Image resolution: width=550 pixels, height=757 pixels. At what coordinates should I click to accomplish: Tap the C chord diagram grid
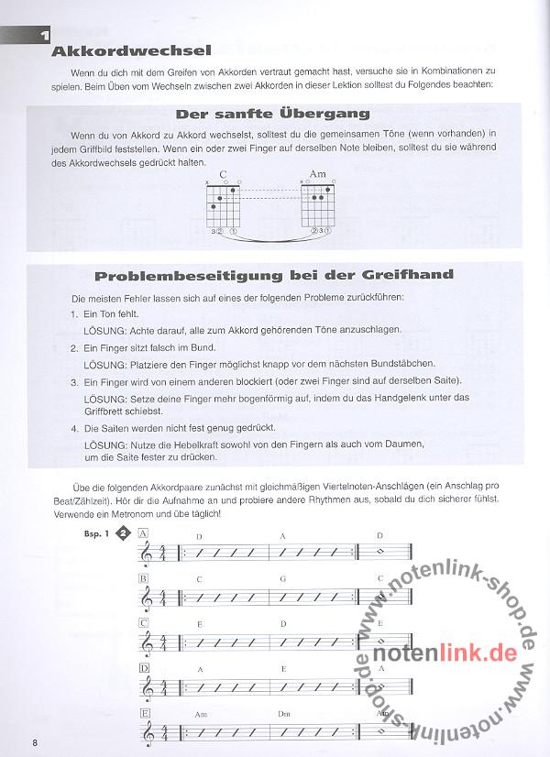[x=225, y=202]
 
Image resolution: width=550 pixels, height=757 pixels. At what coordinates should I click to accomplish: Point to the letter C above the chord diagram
[x=223, y=174]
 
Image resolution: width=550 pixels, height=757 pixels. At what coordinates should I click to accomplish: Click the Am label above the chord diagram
[x=317, y=174]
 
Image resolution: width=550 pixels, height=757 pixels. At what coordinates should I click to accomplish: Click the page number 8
[x=34, y=741]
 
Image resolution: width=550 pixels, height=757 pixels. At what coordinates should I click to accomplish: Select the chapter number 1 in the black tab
[x=43, y=37]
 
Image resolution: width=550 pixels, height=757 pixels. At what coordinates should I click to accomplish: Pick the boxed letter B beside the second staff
[x=144, y=579]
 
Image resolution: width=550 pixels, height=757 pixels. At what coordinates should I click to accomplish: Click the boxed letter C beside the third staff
[x=144, y=623]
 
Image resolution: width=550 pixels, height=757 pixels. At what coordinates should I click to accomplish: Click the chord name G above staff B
[x=283, y=579]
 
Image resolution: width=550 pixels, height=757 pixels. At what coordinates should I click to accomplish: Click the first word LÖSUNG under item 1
[x=102, y=328]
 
